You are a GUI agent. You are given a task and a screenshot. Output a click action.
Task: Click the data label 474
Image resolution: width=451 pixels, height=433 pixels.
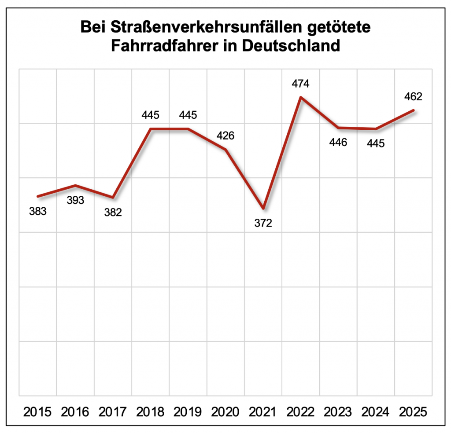pyautogui.click(x=300, y=83)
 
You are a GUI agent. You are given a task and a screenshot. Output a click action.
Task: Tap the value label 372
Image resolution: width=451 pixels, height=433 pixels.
pyautogui.click(x=263, y=223)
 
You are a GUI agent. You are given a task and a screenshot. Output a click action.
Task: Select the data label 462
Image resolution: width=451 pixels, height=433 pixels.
pyautogui.click(x=413, y=96)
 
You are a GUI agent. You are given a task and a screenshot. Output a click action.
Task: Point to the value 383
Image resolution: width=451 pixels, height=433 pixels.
pyautogui.click(x=38, y=211)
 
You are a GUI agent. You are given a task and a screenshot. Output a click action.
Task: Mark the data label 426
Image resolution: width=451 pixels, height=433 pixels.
pyautogui.click(x=225, y=136)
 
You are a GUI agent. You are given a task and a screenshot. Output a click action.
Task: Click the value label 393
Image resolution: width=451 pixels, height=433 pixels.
pyautogui.click(x=76, y=200)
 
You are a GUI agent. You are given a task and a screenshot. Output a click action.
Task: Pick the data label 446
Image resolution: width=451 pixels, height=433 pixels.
pyautogui.click(x=338, y=142)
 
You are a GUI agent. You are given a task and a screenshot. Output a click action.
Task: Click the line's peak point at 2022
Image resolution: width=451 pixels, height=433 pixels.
pyautogui.click(x=300, y=97)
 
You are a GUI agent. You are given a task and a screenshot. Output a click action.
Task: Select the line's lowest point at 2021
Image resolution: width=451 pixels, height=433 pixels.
pyautogui.click(x=263, y=208)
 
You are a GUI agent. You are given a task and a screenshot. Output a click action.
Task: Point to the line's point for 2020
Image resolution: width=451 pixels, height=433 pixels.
pyautogui.click(x=225, y=150)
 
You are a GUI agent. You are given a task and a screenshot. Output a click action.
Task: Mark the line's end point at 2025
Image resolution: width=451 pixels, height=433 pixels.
pyautogui.click(x=413, y=110)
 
